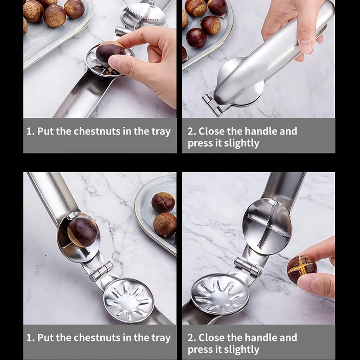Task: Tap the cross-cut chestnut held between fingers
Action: click(x=302, y=269)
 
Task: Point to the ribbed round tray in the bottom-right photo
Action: click(x=220, y=295)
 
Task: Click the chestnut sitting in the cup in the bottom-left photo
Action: click(x=82, y=232)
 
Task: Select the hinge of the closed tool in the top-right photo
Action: click(x=212, y=104)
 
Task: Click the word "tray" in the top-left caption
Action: click(x=161, y=131)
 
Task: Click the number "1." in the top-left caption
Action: click(x=30, y=131)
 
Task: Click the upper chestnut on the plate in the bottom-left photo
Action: click(x=163, y=202)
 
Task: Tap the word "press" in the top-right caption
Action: click(x=199, y=144)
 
